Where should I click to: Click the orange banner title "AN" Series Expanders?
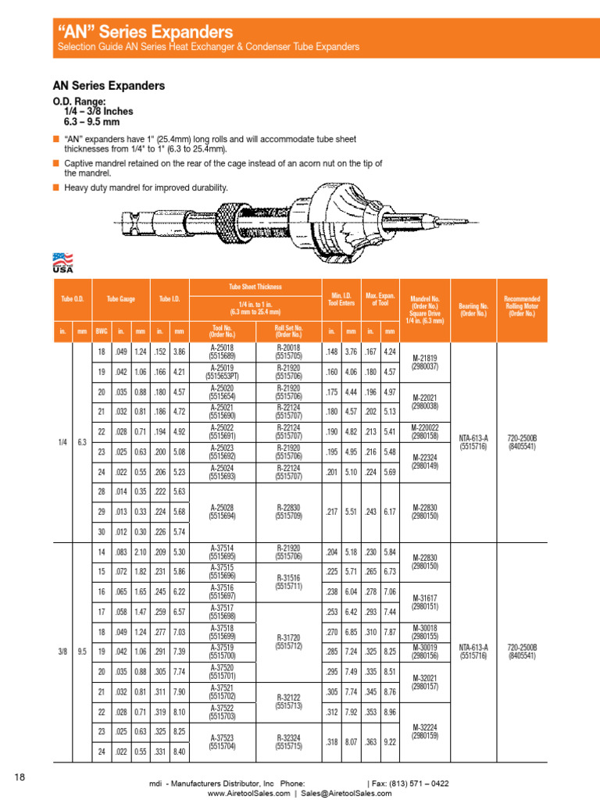tap(146, 32)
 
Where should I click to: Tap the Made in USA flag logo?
tap(62, 262)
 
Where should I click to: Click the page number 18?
tap(20, 777)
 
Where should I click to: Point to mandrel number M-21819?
tap(429, 362)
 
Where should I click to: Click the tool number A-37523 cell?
tap(223, 741)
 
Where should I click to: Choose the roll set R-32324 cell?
tap(288, 741)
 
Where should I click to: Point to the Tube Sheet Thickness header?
tap(255, 287)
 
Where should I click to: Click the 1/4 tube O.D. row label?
tap(62, 442)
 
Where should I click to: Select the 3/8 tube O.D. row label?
tap(62, 651)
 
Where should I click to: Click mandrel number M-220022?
tap(429, 432)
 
